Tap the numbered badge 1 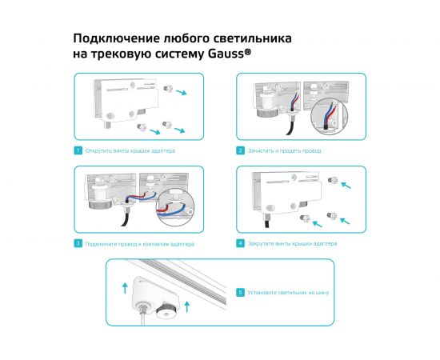[78, 150]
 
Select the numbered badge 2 [240, 150]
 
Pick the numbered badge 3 [78, 243]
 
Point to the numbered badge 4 [240, 243]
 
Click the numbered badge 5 [240, 293]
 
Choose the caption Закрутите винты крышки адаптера [292, 243]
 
